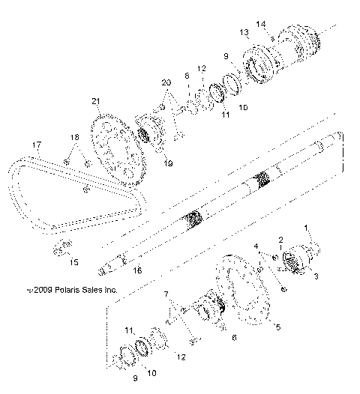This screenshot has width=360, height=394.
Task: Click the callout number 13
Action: (x=244, y=33)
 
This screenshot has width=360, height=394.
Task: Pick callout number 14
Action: (x=261, y=24)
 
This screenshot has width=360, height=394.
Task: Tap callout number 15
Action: (x=73, y=262)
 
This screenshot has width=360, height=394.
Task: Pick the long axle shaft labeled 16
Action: (x=225, y=202)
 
